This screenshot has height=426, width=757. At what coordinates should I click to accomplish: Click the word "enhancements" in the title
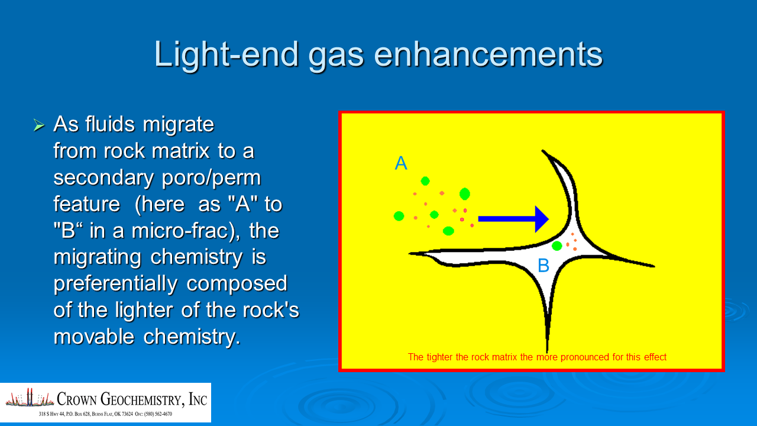(489, 54)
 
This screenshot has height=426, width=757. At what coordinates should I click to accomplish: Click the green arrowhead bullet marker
(39, 125)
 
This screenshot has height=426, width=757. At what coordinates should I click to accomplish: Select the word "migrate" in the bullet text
(178, 125)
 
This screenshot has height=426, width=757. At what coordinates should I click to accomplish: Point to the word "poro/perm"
(211, 179)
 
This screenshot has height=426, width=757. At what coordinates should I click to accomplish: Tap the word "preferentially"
(115, 284)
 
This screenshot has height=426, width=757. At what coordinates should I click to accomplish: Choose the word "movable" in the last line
(94, 337)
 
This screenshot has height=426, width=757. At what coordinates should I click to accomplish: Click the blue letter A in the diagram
(401, 163)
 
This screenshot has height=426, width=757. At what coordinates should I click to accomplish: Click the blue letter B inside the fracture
(544, 266)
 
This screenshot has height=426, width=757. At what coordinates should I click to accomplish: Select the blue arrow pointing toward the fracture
(513, 219)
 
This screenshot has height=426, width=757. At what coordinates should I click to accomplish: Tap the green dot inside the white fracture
(557, 246)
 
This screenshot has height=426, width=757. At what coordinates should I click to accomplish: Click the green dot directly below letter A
(425, 181)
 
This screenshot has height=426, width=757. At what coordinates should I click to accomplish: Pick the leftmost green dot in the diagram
(399, 216)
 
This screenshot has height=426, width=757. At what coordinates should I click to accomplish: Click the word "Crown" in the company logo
(77, 399)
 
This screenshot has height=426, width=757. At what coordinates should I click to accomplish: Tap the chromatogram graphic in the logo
(30, 398)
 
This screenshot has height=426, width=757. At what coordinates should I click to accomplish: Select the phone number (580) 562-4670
(158, 414)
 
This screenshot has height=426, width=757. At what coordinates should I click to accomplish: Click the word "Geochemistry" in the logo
(143, 399)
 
